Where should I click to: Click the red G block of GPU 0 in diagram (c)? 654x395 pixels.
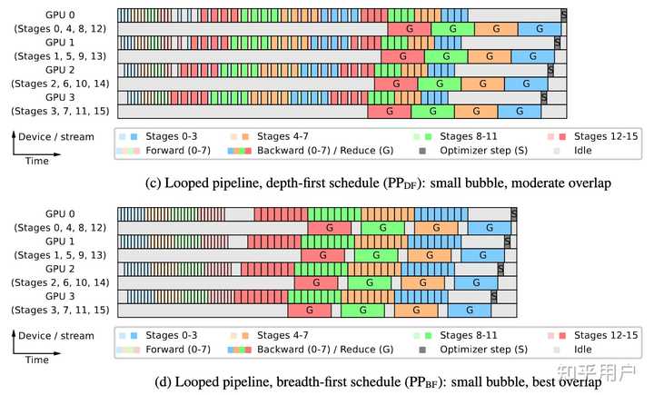(x=409, y=30)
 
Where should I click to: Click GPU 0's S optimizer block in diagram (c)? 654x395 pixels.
(x=564, y=15)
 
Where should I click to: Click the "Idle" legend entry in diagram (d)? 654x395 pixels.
(x=580, y=348)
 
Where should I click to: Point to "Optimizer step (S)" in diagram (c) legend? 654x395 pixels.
(x=482, y=149)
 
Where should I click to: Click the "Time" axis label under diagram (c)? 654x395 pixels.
(x=37, y=161)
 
